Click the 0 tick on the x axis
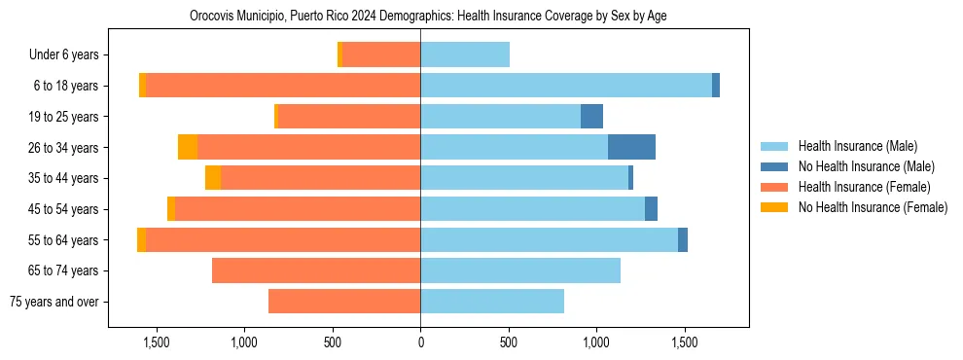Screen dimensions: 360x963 point(420,342)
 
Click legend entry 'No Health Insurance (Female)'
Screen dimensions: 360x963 point(873,207)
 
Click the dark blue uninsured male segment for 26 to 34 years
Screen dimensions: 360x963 point(631,147)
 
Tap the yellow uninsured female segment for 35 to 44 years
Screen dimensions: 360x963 point(213,178)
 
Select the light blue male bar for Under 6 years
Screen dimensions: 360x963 point(465,54)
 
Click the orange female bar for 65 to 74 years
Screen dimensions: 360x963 point(316,270)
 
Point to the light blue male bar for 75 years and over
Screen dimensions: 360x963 point(492,302)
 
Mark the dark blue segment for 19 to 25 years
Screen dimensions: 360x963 point(591,117)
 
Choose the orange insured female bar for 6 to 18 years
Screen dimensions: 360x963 point(282,86)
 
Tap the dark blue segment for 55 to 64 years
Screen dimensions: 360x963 point(683,239)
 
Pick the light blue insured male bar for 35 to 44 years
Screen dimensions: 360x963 point(523,178)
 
